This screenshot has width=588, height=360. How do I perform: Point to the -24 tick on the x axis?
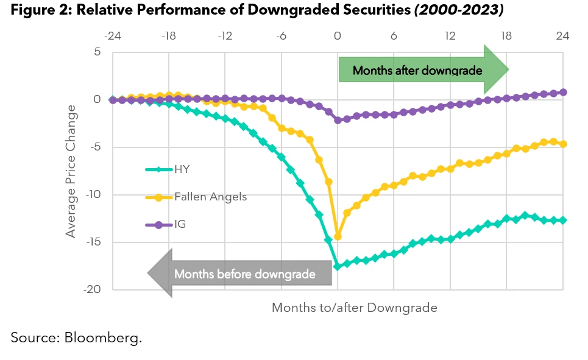click(x=112, y=36)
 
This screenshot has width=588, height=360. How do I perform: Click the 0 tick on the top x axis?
click(x=338, y=36)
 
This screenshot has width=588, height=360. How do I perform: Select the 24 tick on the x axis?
click(x=562, y=36)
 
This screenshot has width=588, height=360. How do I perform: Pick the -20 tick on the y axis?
click(x=91, y=290)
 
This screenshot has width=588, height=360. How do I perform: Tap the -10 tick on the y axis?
click(x=91, y=195)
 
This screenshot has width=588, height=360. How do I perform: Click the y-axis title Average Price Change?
click(x=71, y=171)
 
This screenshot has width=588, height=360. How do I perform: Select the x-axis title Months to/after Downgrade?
click(x=354, y=308)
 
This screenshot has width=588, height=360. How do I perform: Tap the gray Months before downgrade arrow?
click(x=240, y=274)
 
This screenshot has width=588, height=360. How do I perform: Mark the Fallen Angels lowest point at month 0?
click(x=338, y=236)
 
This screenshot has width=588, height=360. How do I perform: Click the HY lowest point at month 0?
click(x=338, y=266)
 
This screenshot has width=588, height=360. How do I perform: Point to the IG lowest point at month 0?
click(x=338, y=120)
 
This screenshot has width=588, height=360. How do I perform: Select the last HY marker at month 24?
click(x=562, y=220)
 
